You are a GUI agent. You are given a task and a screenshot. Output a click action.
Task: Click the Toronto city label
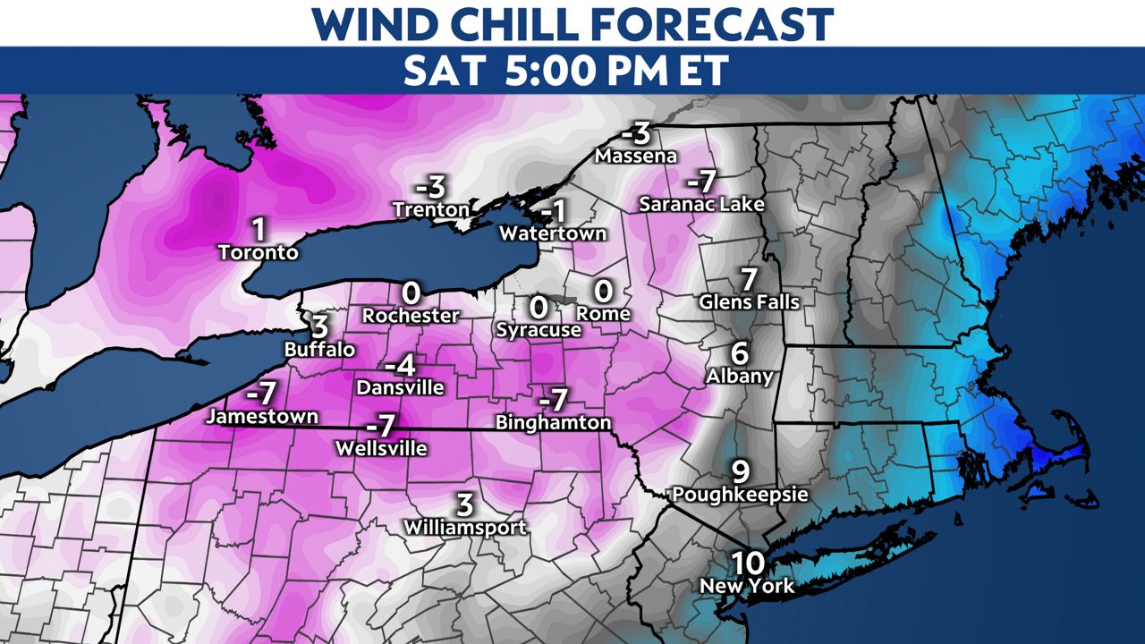click(259, 253)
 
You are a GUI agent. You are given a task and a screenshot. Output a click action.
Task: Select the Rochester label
click(411, 315)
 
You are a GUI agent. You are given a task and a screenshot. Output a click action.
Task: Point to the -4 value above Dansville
click(400, 366)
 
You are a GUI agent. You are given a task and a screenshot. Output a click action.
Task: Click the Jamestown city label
click(261, 416)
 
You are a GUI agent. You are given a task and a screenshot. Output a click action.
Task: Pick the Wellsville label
click(381, 448)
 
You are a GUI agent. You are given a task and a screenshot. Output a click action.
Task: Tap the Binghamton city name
click(554, 421)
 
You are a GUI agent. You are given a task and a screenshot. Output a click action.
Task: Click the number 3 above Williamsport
click(464, 504)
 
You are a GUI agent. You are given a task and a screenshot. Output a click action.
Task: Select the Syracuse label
click(539, 329)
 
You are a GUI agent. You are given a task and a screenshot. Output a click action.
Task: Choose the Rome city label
click(603, 314)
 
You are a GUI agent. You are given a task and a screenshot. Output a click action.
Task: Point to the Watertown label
click(553, 233)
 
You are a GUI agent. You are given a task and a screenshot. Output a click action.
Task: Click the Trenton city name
click(431, 209)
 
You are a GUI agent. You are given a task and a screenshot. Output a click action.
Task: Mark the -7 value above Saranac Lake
click(702, 182)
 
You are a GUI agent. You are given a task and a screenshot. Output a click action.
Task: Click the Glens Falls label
click(750, 302)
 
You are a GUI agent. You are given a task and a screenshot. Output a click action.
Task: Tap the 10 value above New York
click(747, 563)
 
